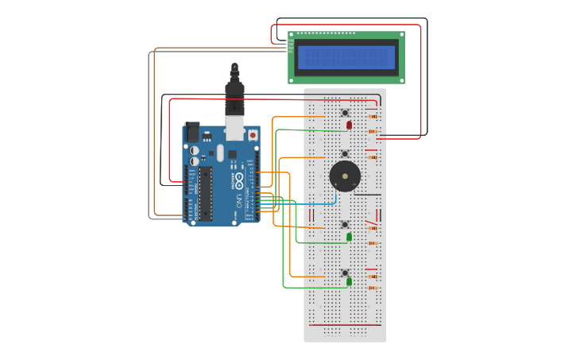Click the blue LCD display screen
(x=346, y=57)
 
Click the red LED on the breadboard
(x=349, y=125)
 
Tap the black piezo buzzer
(x=344, y=175)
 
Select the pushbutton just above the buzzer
(x=345, y=153)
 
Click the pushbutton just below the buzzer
(x=346, y=224)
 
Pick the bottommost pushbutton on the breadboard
(x=345, y=273)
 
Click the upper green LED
(x=349, y=237)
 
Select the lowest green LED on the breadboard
(x=349, y=282)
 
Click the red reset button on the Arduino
(x=253, y=136)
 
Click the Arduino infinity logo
(x=238, y=178)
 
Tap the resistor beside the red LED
(x=373, y=130)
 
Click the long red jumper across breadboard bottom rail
(x=345, y=325)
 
